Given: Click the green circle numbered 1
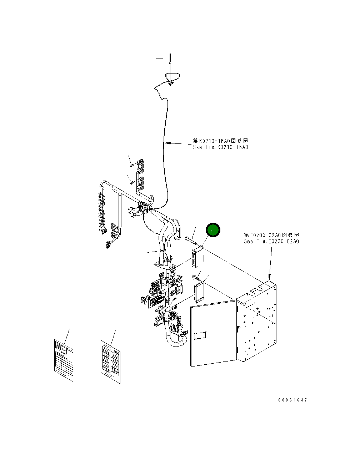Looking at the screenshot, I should pyautogui.click(x=212, y=231).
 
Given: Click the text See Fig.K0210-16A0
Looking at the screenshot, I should pyautogui.click(x=220, y=147).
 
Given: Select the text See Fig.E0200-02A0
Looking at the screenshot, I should pyautogui.click(x=271, y=241).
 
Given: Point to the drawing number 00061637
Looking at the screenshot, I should pyautogui.click(x=292, y=400).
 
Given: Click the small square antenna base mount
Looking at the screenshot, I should pyautogui.click(x=171, y=84).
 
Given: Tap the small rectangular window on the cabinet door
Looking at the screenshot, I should pyautogui.click(x=201, y=335).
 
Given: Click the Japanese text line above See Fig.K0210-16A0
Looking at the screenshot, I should pyautogui.click(x=220, y=141).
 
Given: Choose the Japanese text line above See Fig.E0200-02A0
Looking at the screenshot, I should pyautogui.click(x=271, y=235).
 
